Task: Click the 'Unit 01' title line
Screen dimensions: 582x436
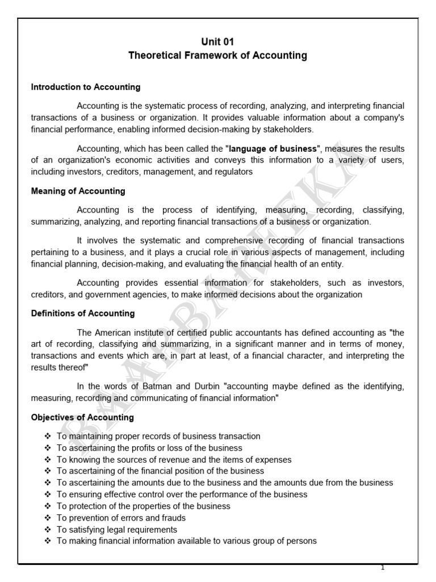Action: pyautogui.click(x=217, y=41)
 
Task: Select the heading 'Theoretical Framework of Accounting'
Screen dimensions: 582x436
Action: pyautogui.click(x=217, y=56)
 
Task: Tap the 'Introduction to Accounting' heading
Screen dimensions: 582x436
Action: pyautogui.click(x=86, y=88)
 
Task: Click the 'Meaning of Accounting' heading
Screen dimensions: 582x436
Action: pyautogui.click(x=78, y=191)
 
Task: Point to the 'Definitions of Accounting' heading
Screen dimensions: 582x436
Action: pyautogui.click(x=83, y=313)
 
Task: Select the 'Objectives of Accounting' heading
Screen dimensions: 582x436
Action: pyautogui.click(x=82, y=417)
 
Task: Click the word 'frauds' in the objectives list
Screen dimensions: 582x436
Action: pyautogui.click(x=174, y=518)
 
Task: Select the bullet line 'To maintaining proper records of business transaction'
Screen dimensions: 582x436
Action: pyautogui.click(x=158, y=436)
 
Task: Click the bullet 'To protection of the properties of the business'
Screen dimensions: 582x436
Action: pyautogui.click(x=143, y=506)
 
